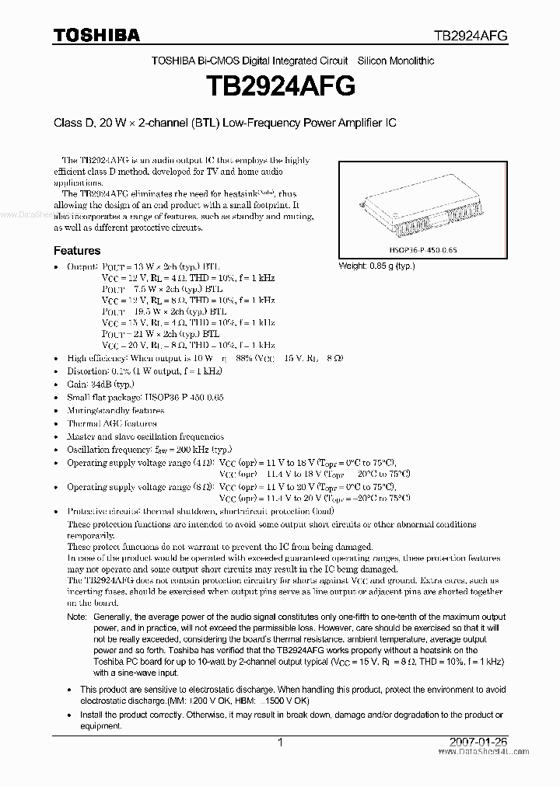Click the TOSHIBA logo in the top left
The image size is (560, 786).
click(96, 35)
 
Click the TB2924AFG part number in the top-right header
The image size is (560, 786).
click(471, 36)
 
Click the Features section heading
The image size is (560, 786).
click(76, 251)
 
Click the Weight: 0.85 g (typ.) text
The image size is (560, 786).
click(376, 266)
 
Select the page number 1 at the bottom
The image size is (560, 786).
click(279, 743)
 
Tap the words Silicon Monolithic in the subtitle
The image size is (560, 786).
click(395, 61)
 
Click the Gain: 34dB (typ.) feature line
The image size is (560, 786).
click(101, 384)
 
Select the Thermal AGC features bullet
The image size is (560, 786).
click(112, 423)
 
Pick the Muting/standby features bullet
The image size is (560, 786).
click(115, 410)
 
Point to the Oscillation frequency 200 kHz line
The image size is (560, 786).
click(149, 450)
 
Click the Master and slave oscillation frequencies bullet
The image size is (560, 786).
click(145, 436)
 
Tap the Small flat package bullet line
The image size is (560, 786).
click(145, 397)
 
